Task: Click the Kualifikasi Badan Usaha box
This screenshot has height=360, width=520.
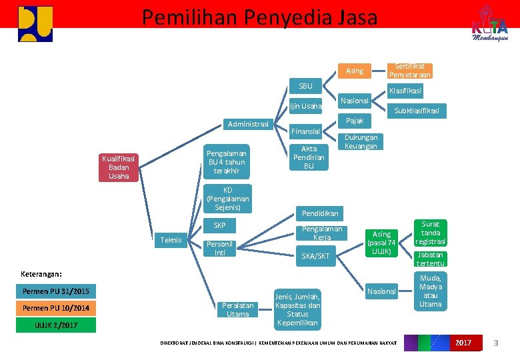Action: coord(119,167)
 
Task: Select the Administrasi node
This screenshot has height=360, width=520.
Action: coord(248,124)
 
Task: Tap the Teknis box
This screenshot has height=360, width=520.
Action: coord(171,240)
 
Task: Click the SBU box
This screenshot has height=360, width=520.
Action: coord(305,86)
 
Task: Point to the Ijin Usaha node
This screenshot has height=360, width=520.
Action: coord(305,106)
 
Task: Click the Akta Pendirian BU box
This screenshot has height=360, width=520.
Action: coord(309,157)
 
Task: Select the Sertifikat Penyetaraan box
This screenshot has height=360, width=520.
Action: coord(410,71)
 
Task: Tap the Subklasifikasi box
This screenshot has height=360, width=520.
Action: coord(417,111)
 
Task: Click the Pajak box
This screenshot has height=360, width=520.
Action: coord(355,121)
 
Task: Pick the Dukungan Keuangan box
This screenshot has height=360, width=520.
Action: coord(361,142)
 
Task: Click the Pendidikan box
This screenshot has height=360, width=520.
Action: coord(320,213)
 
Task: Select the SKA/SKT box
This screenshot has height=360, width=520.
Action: coord(315,256)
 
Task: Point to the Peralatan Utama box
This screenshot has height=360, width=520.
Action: coord(237,309)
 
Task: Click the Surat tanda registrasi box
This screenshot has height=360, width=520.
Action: coord(431,233)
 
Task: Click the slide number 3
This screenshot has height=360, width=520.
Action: coord(495,343)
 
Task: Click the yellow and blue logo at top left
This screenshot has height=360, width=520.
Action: coord(35,23)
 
